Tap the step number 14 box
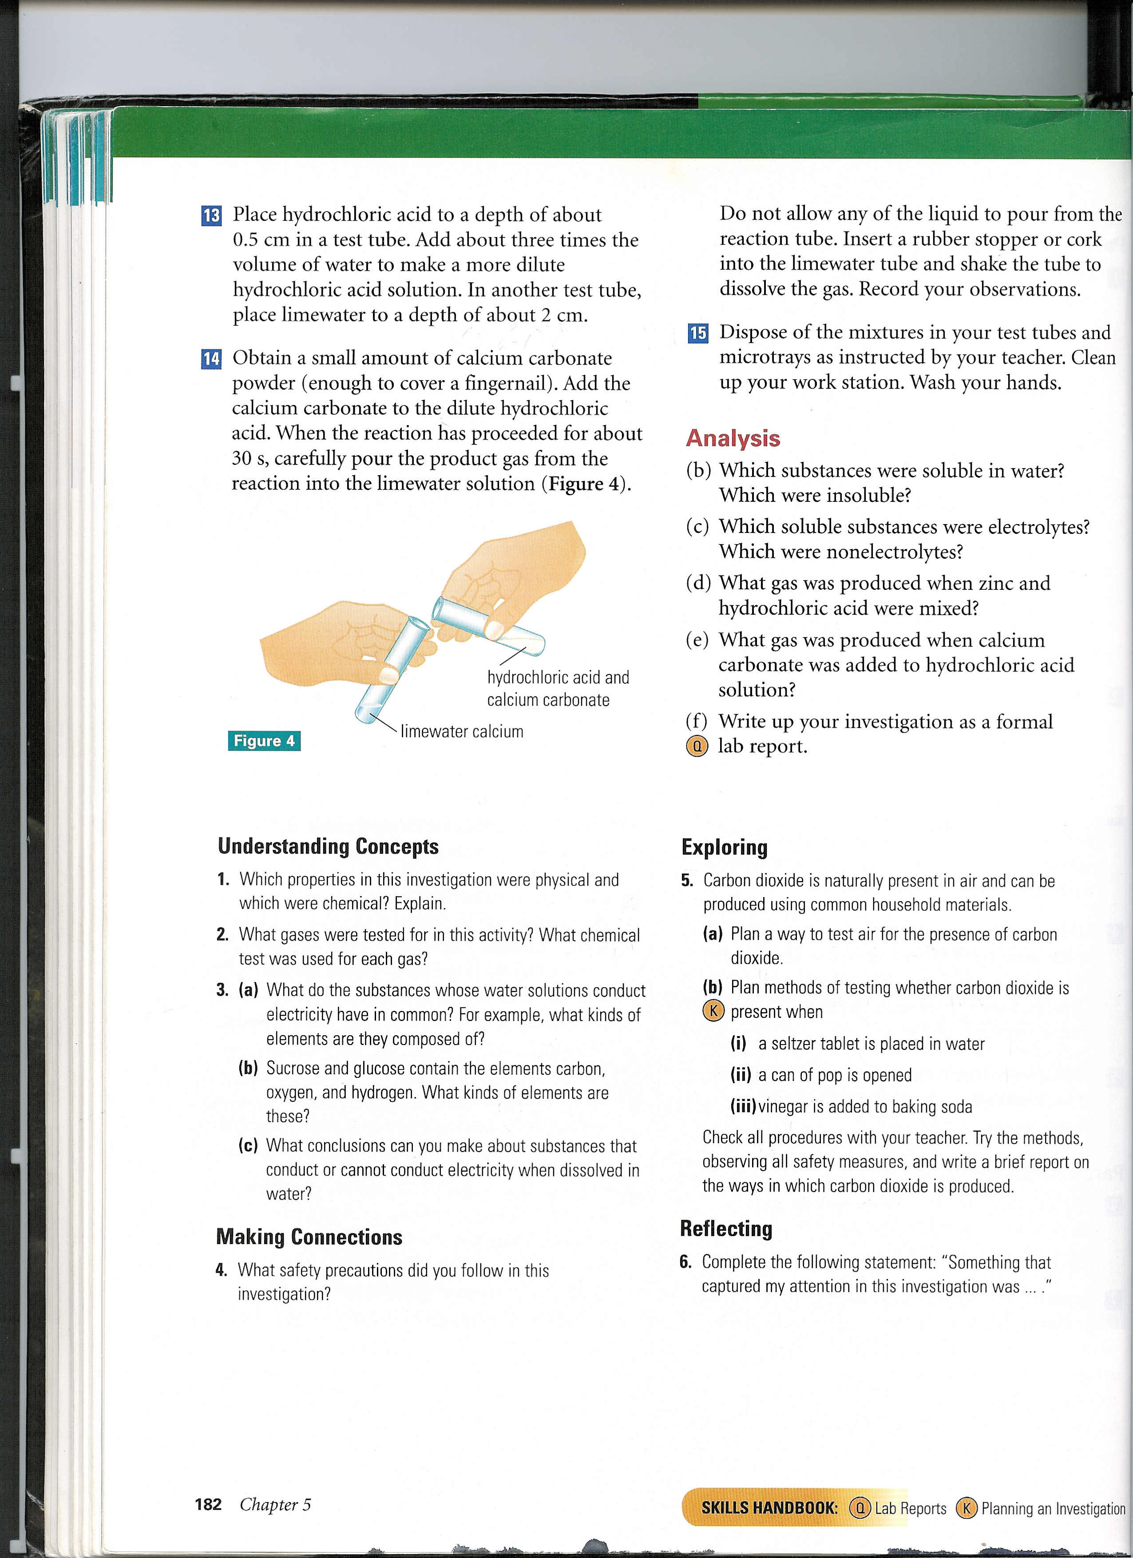pos(211,358)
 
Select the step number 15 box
pos(697,333)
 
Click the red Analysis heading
pos(733,438)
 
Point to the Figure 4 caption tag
pos(264,740)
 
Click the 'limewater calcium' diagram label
pos(461,731)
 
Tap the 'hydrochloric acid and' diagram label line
pos(558,677)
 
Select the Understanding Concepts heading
pos(328,847)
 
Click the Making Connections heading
pos(309,1236)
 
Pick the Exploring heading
pos(725,847)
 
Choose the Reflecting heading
pos(726,1228)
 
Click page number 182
pos(208,1504)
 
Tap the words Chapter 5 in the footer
pos(275,1504)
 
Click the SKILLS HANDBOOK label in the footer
pos(769,1508)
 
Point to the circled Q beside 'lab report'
pos(696,746)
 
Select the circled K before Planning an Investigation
pos(966,1508)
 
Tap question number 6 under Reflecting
pos(685,1262)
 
